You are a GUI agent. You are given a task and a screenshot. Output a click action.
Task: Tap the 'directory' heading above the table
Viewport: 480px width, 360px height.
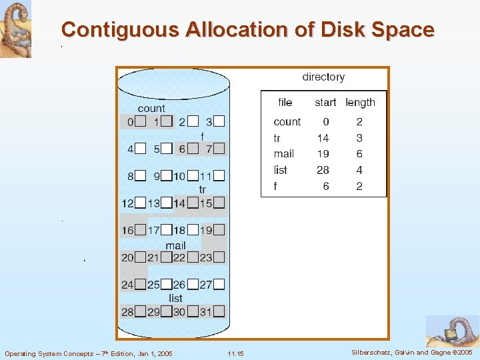click(x=323, y=77)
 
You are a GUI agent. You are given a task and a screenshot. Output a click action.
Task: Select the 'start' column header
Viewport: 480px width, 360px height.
click(x=325, y=103)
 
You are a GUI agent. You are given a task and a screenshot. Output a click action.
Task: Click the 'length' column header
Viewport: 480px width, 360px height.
click(x=360, y=103)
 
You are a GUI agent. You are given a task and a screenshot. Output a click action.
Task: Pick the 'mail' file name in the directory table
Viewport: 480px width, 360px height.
click(x=283, y=154)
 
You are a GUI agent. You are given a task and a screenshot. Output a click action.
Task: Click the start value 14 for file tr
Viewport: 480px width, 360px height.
click(x=323, y=138)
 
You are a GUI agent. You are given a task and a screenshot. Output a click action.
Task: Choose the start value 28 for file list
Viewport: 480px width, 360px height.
click(x=323, y=170)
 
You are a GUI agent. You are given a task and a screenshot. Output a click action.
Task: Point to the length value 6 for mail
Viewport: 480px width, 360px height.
click(x=359, y=154)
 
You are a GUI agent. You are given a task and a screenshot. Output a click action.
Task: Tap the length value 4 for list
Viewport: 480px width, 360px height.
click(x=359, y=170)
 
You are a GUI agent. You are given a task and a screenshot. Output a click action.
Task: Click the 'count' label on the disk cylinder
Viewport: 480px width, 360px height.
click(x=151, y=109)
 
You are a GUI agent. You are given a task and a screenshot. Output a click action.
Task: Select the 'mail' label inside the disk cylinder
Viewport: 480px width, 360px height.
click(x=175, y=245)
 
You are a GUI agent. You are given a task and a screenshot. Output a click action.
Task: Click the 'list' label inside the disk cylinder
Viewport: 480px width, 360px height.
click(x=175, y=298)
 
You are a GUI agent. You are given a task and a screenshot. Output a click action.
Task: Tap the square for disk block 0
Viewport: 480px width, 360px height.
click(x=140, y=122)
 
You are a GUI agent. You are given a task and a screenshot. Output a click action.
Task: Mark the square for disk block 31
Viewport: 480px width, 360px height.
click(x=219, y=311)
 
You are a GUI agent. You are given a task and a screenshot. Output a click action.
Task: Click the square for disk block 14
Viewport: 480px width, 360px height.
click(x=193, y=203)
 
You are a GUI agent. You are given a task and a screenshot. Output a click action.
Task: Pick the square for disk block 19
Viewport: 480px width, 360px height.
click(x=219, y=230)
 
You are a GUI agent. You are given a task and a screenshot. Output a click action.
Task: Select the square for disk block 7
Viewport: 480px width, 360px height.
click(x=219, y=149)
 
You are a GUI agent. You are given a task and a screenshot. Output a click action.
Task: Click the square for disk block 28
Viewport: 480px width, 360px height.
click(x=140, y=311)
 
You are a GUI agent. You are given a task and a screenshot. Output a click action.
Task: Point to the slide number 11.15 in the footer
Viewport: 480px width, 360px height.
click(x=235, y=353)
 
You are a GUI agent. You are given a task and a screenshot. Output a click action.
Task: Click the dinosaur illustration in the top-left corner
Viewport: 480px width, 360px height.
click(x=15, y=29)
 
